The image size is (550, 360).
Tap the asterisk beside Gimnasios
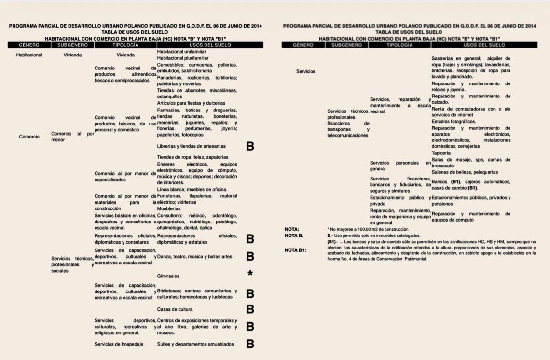click(x=250, y=274)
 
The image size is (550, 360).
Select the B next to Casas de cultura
click(x=250, y=309)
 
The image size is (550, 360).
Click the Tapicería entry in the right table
click(x=441, y=153)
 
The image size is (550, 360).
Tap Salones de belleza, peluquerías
click(x=465, y=172)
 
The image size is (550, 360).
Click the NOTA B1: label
click(x=295, y=250)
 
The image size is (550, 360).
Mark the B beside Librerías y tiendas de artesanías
click(x=250, y=146)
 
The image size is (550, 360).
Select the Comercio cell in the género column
click(x=29, y=137)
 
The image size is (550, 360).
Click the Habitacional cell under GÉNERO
click(x=29, y=55)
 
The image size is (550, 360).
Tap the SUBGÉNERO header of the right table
click(x=347, y=45)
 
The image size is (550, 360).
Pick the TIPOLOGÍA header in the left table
click(x=124, y=45)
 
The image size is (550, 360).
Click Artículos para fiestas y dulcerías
click(x=191, y=103)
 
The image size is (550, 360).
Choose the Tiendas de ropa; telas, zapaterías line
click(x=192, y=157)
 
